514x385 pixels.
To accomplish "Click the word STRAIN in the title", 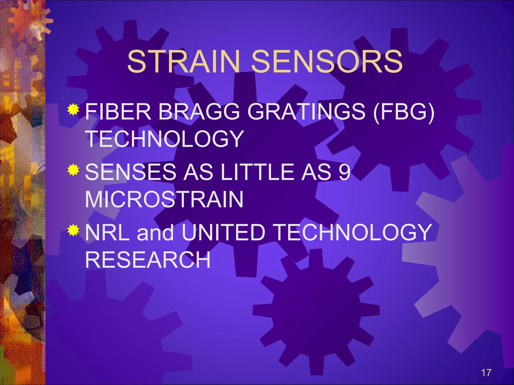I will click(183, 62).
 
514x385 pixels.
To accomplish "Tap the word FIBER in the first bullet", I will click(118, 112).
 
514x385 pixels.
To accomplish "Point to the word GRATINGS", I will click(306, 112).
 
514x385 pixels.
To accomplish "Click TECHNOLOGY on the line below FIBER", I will click(164, 139).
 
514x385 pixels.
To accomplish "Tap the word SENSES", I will click(131, 172).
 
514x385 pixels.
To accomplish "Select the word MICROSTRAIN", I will click(164, 199).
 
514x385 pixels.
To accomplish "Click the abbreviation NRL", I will click(107, 232).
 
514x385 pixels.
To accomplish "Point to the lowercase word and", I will click(155, 233).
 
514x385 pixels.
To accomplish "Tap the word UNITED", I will click(223, 232).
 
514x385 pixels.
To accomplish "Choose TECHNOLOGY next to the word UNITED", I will click(353, 232).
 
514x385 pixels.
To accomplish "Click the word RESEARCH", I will click(148, 260).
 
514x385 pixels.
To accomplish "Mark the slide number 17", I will click(486, 373).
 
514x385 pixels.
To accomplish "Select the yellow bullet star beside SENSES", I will click(73, 170).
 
